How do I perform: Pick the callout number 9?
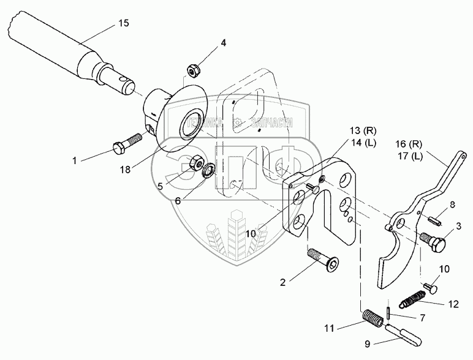point(368,343)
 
